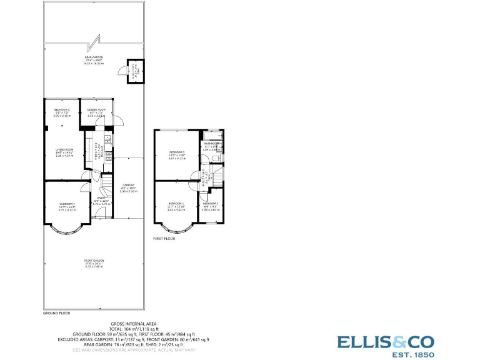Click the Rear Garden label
click(94, 58)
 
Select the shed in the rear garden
click(133, 71)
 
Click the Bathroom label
click(213, 144)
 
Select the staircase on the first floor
click(215, 176)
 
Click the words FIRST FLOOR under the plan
click(164, 239)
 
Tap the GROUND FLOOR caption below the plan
click(56, 312)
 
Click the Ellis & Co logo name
click(386, 342)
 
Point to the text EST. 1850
click(407, 354)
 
